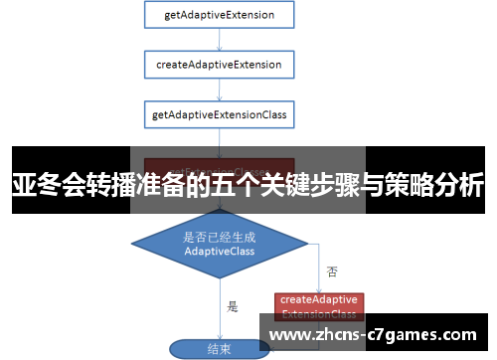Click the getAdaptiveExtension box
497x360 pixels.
(219, 16)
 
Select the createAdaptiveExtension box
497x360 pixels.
(219, 65)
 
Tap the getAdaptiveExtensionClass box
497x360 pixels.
(219, 115)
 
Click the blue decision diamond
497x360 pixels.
(219, 245)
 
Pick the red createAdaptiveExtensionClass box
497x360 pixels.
(318, 304)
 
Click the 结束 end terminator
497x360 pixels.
(219, 349)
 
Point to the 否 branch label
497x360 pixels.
(331, 270)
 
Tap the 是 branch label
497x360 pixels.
(233, 306)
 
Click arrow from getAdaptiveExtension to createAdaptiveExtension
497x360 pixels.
(219, 40)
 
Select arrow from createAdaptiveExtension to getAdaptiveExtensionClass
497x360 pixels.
(219, 90)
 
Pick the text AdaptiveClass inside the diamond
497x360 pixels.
(219, 253)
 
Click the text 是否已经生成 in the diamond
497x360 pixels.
(219, 237)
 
